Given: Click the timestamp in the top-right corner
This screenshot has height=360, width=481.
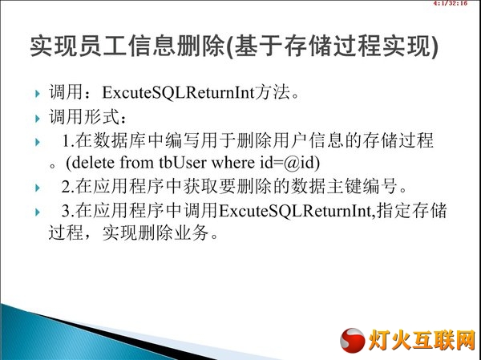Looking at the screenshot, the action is (450, 3).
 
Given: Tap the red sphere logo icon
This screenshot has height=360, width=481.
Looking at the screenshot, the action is (353, 340).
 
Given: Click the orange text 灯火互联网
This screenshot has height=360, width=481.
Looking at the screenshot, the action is (422, 340).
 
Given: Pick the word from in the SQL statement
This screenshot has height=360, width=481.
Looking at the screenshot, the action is (136, 162).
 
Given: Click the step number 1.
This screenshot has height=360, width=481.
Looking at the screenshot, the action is (66, 140).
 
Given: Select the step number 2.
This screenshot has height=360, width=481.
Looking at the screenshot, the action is (66, 186).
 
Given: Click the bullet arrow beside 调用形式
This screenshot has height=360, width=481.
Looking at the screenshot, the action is (38, 119).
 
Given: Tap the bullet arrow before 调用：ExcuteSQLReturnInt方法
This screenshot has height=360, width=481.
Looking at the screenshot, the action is (38, 93).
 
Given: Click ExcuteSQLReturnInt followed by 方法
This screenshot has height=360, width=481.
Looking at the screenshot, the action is (178, 92).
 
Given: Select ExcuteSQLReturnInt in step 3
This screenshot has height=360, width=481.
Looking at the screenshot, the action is (295, 211).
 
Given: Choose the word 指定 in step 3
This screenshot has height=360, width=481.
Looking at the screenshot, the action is (394, 211).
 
